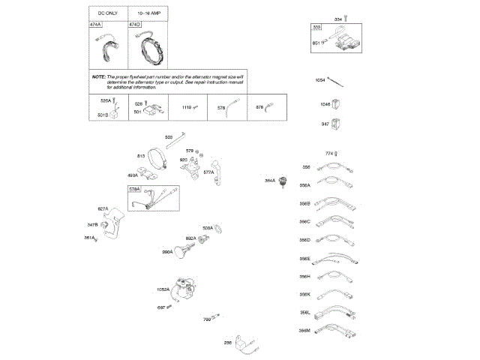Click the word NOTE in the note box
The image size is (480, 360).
point(99,77)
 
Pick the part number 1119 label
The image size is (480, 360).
point(187,108)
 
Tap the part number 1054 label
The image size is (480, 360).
point(319,79)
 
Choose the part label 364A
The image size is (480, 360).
point(269,180)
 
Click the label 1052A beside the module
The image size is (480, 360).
point(163,289)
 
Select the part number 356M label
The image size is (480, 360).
point(304,330)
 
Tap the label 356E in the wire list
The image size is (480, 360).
point(304,259)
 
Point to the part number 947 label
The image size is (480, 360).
point(325,123)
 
